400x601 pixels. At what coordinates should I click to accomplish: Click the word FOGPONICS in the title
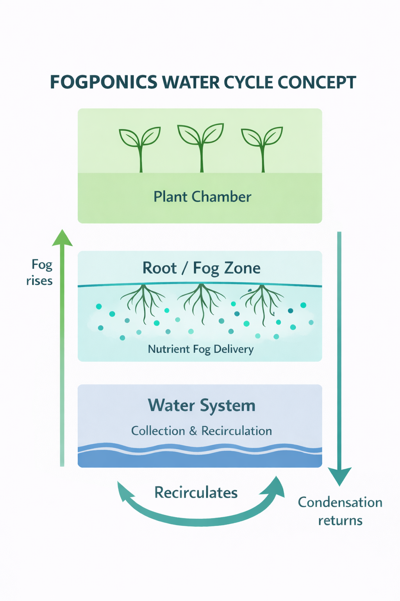coord(104,83)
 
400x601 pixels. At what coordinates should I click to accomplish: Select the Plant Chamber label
coord(202,196)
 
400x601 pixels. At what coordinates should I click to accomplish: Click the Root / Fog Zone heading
coord(201,268)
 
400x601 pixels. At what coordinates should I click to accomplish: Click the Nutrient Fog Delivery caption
coord(201,349)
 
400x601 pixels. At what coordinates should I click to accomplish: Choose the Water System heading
coord(202,405)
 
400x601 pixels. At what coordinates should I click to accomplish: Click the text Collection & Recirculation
coord(202,431)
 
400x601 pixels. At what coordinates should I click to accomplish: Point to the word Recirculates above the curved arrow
coord(196,493)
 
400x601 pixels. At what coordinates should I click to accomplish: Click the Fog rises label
coord(40,273)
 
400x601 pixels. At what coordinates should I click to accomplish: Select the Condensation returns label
coord(340,511)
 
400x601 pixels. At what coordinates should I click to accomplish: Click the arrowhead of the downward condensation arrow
coord(339,476)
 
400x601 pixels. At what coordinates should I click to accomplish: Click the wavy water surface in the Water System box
coord(200,450)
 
